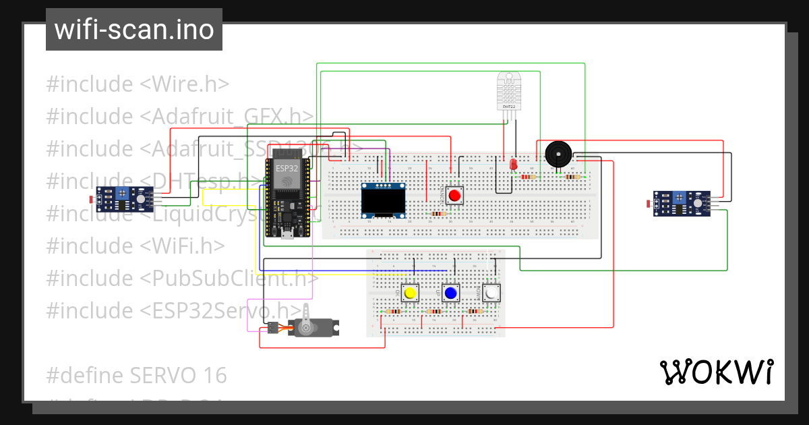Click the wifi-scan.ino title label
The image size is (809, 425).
[x=133, y=30]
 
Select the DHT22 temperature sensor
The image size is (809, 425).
[x=508, y=92]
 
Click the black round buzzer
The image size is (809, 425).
[x=558, y=154]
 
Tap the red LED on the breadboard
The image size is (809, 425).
[x=513, y=164]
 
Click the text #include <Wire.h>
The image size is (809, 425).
[x=138, y=84]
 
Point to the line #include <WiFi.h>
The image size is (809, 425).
[x=135, y=246]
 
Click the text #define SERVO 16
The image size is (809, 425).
[x=136, y=375]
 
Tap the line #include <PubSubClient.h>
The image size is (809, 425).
[x=182, y=278]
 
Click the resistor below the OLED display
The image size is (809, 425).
[x=438, y=214]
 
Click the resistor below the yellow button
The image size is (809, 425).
[x=393, y=312]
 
